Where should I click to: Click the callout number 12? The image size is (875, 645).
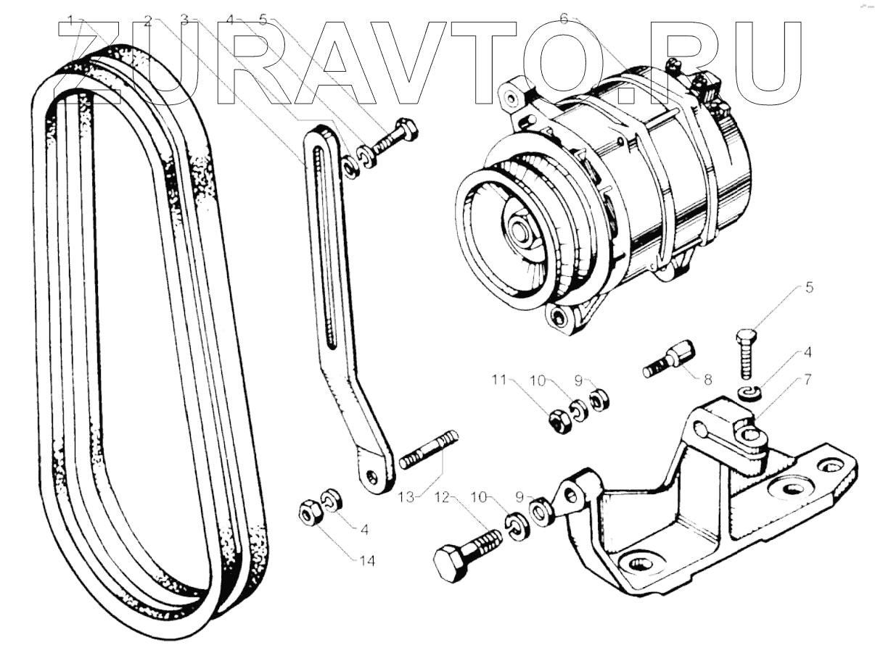coord(443,497)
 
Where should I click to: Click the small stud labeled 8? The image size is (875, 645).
coord(668,363)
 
